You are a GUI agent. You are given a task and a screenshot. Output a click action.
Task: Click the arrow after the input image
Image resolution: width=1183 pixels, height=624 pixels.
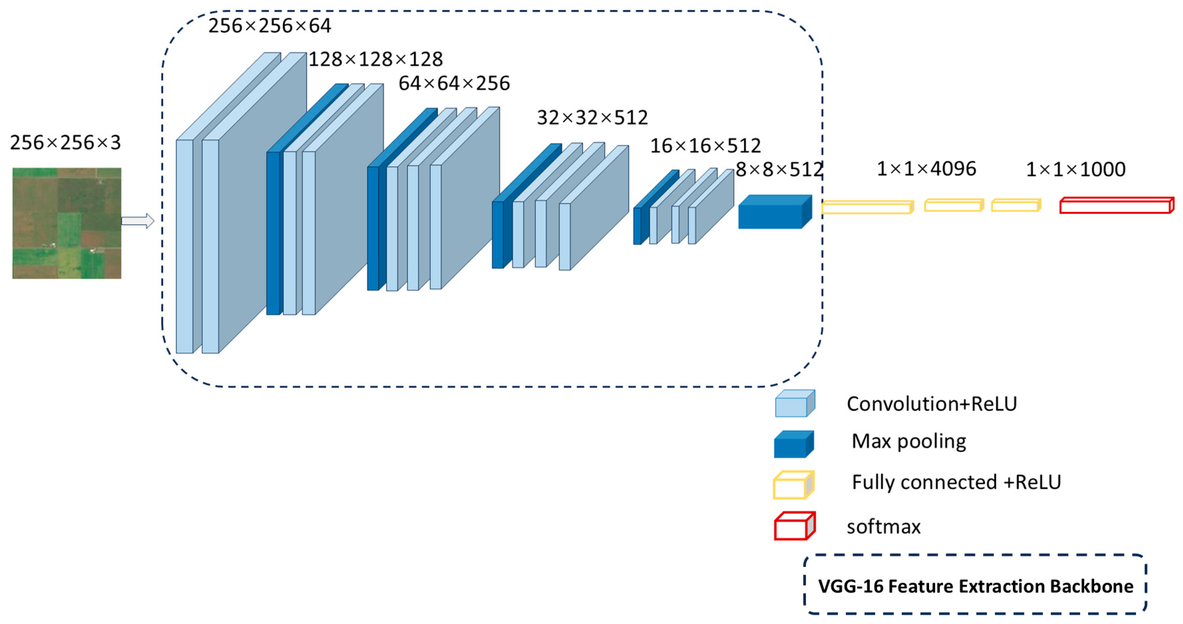[x=137, y=221]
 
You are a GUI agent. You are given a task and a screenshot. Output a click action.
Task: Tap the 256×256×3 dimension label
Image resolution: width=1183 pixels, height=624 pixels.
[x=65, y=142]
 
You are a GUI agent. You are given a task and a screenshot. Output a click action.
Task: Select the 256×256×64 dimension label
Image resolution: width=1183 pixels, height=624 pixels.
[x=270, y=26]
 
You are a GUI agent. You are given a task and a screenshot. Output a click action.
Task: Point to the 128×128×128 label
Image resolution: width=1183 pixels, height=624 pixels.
[x=375, y=59]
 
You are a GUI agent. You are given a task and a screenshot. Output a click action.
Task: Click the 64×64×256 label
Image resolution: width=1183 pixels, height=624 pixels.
[x=454, y=83]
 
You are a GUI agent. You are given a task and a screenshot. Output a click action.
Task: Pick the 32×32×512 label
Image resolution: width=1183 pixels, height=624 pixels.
[x=592, y=117]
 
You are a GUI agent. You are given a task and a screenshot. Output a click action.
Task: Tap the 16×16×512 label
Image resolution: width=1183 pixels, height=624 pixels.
[x=705, y=146]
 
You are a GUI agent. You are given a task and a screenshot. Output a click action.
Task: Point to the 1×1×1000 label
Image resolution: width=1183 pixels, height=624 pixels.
[x=1075, y=170]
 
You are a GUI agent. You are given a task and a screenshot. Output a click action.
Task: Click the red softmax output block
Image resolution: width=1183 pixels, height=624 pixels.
[x=1116, y=206]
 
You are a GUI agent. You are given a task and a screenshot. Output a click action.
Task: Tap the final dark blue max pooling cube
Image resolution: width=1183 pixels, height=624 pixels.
[x=774, y=212]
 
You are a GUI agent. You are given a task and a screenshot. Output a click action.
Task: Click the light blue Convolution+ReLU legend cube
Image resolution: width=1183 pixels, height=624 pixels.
[x=794, y=403]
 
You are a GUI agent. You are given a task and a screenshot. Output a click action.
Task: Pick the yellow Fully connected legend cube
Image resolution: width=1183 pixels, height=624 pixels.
[x=793, y=485]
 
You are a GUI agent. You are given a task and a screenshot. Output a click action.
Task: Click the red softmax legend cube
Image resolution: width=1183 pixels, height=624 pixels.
[x=794, y=526]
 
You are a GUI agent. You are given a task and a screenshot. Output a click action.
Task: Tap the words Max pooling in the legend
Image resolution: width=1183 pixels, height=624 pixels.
[x=909, y=441]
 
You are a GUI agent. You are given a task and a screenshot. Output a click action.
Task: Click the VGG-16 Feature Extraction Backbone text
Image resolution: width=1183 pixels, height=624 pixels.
[x=975, y=586]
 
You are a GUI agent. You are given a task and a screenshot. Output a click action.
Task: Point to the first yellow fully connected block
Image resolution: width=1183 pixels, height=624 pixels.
[x=867, y=207]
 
